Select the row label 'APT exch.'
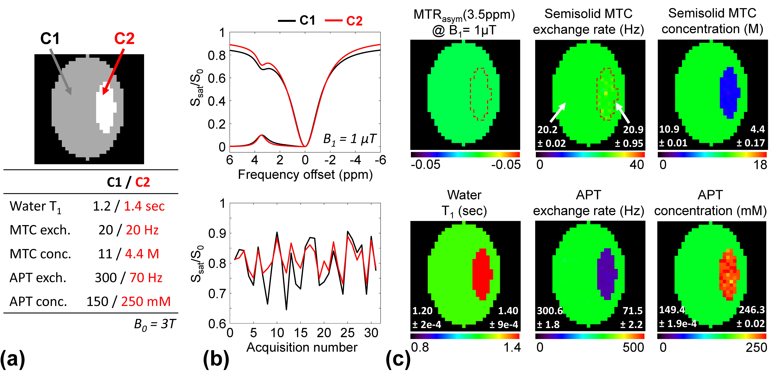(38, 278)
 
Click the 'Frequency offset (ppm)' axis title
(305, 175)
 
